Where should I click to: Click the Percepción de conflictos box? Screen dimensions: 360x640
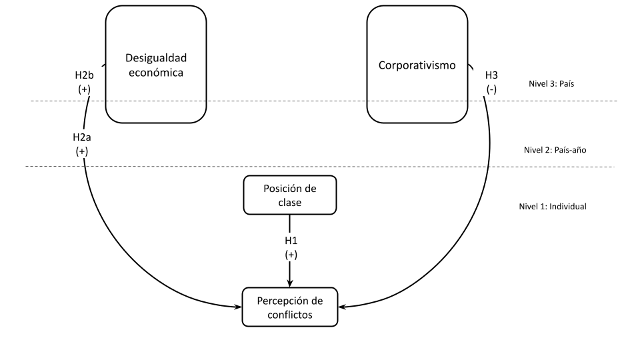pos(289,307)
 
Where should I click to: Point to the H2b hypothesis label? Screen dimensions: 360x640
pos(84,76)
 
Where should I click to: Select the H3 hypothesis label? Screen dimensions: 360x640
pos(491,76)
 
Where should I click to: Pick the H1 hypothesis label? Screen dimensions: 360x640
pos(289,241)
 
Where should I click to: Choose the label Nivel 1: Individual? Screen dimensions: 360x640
pos(553,207)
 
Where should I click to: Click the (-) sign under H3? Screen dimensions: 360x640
pos(491,89)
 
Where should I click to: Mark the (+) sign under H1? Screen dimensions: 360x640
pos(289,254)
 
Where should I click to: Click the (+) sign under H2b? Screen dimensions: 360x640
pos(84,89)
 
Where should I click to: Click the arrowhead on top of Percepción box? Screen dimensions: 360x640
pos(289,283)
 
